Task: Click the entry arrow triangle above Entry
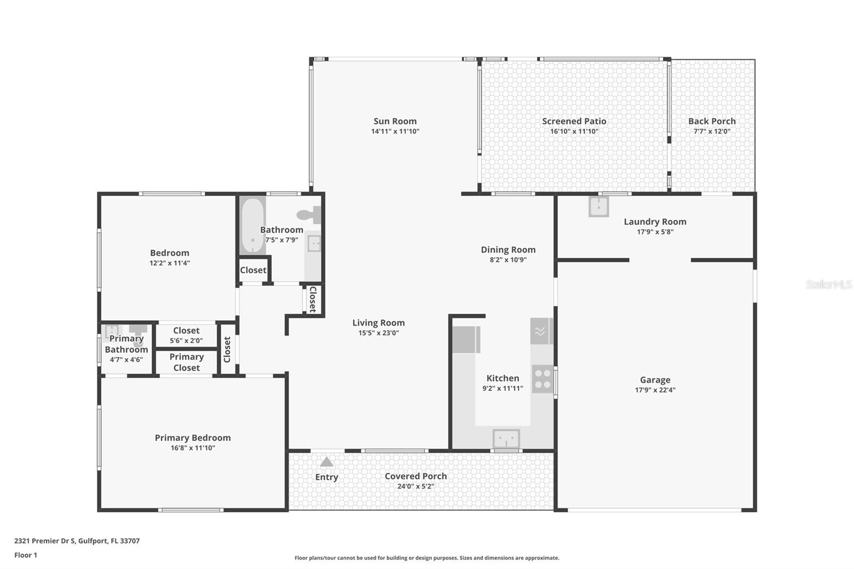327,462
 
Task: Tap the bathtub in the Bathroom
252,225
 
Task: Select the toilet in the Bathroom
309,215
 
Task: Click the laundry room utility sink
598,206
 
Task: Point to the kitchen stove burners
542,379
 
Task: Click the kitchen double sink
506,439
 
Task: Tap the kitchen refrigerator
465,340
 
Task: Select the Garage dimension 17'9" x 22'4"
655,390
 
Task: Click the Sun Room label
395,121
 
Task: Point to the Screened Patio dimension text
574,131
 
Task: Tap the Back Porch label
711,121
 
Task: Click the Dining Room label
508,249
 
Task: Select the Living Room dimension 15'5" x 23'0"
378,333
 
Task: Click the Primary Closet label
186,362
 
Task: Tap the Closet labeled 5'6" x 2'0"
186,335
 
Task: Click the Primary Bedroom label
193,438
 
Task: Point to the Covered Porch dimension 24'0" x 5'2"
416,486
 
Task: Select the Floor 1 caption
26,555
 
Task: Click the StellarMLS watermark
828,284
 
